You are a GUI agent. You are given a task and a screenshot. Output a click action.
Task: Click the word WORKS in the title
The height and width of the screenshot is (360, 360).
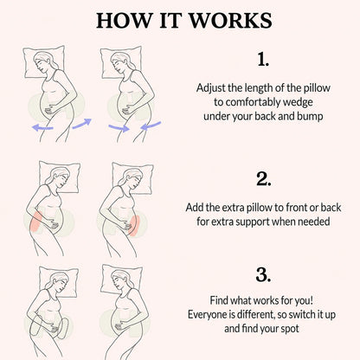click(x=230, y=20)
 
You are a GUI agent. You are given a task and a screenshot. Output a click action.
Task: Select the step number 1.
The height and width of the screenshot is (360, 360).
click(x=263, y=60)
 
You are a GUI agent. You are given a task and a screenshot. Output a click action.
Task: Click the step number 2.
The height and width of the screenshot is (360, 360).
click(x=263, y=179)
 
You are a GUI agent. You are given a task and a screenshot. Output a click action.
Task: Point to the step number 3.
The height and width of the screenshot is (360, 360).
click(x=263, y=275)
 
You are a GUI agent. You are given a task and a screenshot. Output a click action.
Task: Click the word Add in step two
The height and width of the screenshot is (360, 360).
click(x=195, y=208)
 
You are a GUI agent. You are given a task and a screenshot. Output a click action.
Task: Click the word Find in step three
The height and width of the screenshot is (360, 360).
click(x=217, y=300)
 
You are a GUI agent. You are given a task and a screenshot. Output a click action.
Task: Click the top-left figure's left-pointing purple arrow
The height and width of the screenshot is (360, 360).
click(x=42, y=127)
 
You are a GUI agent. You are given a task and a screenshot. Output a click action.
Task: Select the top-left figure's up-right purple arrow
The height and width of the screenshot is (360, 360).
click(x=82, y=124)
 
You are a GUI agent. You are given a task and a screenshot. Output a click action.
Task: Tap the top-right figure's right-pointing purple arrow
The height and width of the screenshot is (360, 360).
click(x=119, y=127)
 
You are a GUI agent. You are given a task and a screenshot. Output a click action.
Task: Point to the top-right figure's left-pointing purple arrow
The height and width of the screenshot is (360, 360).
click(x=151, y=125)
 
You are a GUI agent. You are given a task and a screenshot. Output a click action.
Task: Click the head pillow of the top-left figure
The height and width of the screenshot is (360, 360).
click(x=44, y=62)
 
